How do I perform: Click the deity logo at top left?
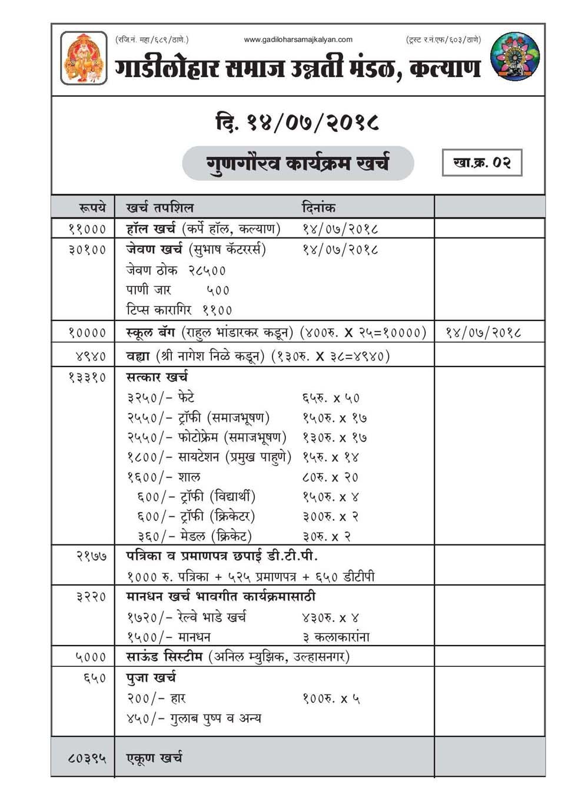pos(84,58)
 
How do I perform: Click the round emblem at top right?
pos(514,57)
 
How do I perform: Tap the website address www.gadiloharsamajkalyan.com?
pos(298,39)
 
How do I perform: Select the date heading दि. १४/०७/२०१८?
pos(297,122)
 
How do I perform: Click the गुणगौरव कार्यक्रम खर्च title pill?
pos(298,163)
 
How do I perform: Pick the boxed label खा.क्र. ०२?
pos(481,163)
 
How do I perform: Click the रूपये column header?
pos(92,207)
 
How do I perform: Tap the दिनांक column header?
pos(318,207)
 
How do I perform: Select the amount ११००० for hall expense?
pos(87,229)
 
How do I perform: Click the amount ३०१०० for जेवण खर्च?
pos(87,250)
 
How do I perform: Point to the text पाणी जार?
pos(148,290)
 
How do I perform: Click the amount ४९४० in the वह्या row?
pos(91,356)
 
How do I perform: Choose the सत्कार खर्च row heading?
pos(157,377)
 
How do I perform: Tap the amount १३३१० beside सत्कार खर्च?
pos(87,377)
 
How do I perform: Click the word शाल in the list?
pos(189,477)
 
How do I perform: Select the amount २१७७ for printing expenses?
pos(91,556)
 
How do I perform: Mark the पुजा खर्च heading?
pos(151,677)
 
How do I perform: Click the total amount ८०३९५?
pos(87,758)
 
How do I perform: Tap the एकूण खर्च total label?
pos(154,758)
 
